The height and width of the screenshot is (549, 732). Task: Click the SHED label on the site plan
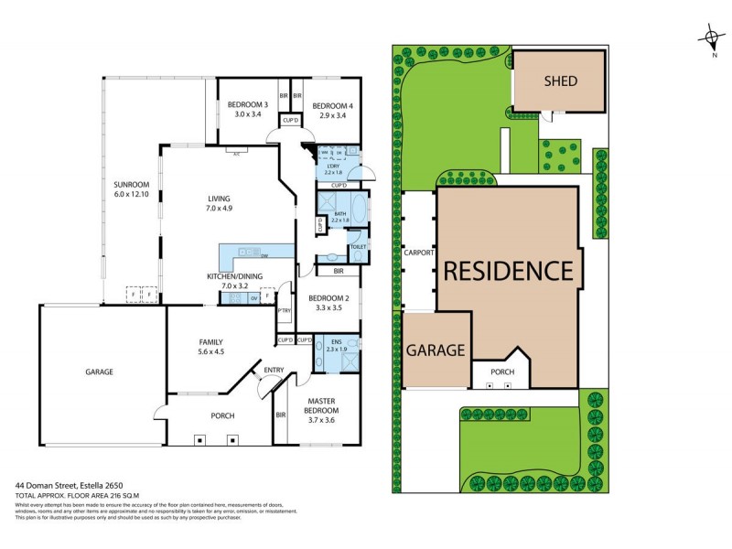pyautogui.click(x=560, y=81)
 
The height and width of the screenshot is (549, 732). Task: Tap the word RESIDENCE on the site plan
pyautogui.click(x=508, y=271)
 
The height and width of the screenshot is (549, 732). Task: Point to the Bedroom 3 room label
pyautogui.click(x=247, y=105)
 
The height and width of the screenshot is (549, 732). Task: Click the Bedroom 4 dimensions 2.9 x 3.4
pyautogui.click(x=330, y=116)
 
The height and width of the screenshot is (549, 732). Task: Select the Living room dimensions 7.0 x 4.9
pyautogui.click(x=219, y=209)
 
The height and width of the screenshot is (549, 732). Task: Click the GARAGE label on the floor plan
pyautogui.click(x=99, y=372)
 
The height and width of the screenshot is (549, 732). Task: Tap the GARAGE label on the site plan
pyautogui.click(x=437, y=350)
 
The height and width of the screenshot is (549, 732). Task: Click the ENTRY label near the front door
pyautogui.click(x=273, y=370)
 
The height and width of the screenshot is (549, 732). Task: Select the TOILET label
pyautogui.click(x=357, y=245)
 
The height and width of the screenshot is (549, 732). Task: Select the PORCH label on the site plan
pyautogui.click(x=502, y=372)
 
